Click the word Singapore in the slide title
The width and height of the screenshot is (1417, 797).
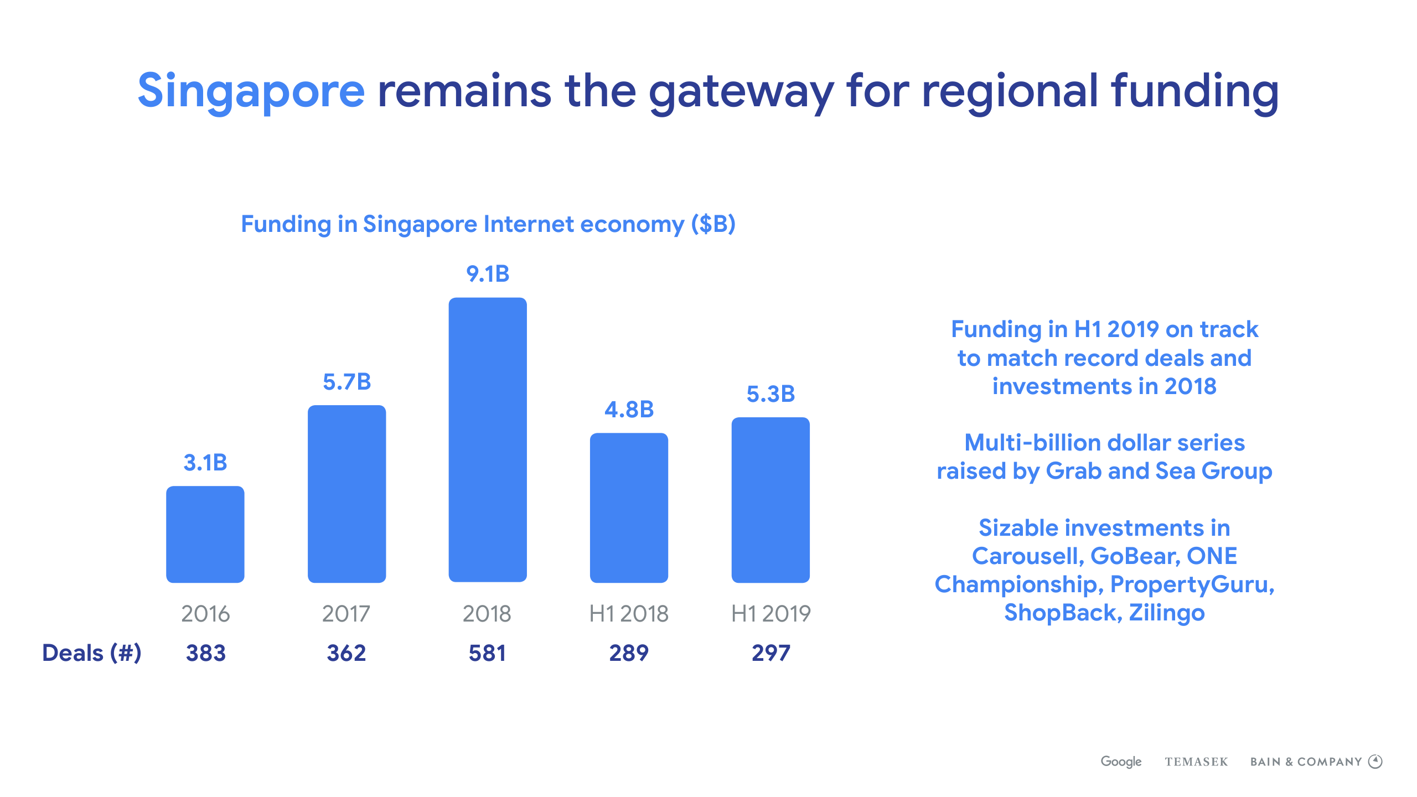(251, 91)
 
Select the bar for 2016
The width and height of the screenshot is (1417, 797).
(205, 534)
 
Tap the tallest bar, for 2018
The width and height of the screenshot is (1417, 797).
(487, 440)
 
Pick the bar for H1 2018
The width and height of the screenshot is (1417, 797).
(629, 508)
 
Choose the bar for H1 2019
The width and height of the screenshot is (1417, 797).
(770, 500)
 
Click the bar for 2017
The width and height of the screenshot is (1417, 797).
(347, 494)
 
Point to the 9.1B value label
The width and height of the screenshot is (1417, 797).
(487, 274)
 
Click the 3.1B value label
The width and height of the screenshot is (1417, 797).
(205, 463)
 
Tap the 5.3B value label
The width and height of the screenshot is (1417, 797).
(770, 394)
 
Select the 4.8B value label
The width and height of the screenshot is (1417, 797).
(629, 410)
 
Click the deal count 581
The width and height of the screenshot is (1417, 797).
(487, 653)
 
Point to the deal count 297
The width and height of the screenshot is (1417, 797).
(770, 653)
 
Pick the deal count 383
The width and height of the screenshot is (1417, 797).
(205, 653)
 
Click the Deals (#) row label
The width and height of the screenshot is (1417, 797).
(92, 653)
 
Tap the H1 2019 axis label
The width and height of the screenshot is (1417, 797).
(770, 614)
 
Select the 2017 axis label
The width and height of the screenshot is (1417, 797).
(346, 614)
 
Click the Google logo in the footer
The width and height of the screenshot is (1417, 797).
(1121, 762)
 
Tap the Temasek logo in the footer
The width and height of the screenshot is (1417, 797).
(1196, 762)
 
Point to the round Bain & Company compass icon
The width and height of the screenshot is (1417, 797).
(1375, 762)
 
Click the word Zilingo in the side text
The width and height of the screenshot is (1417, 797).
(1166, 613)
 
